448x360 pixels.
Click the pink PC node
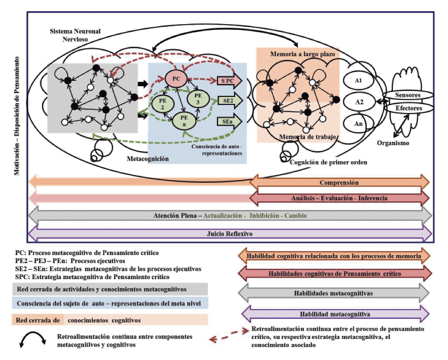176,79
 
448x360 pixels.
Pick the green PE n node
183,119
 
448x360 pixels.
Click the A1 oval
358,82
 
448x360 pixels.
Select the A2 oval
358,102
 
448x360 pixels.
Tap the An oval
358,124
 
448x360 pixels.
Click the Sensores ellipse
407,95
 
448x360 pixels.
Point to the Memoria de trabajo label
304,136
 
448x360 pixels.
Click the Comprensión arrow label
339,183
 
